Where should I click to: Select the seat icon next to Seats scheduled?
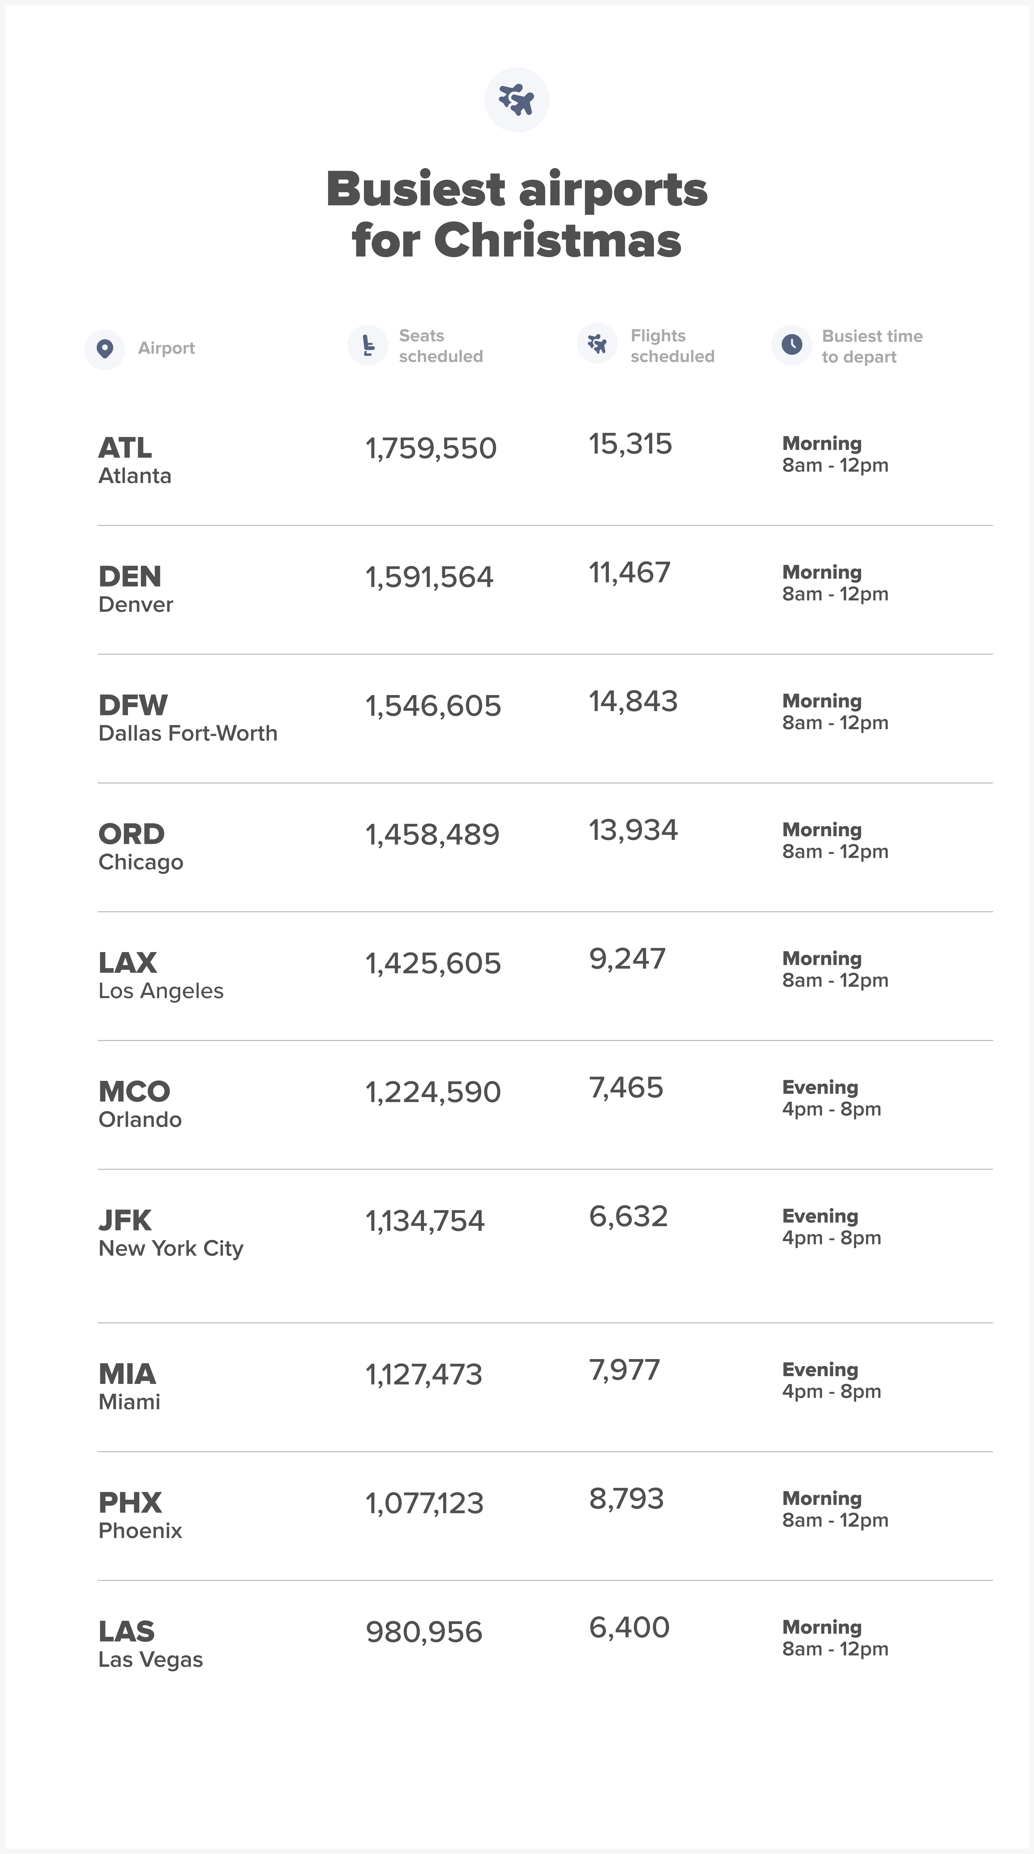click(368, 345)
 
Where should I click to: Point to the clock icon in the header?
click(792, 345)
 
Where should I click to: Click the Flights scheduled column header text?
click(672, 346)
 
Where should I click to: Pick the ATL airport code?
click(125, 448)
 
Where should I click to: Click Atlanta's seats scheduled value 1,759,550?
click(431, 448)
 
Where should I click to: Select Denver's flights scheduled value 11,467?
click(630, 573)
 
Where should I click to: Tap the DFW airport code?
click(133, 705)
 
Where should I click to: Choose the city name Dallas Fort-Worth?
click(188, 733)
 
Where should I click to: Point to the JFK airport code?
click(125, 1221)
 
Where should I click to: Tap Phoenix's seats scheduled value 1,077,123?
click(424, 1503)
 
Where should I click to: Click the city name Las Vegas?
click(150, 1660)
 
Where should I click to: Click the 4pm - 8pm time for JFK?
click(832, 1238)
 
